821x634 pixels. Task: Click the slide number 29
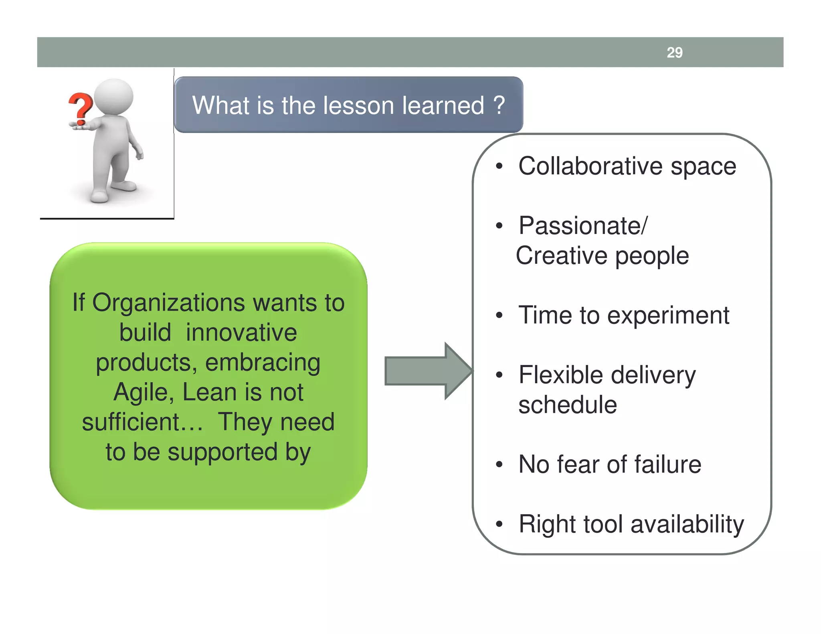(674, 52)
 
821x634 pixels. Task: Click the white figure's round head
(114, 97)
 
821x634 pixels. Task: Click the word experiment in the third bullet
(668, 315)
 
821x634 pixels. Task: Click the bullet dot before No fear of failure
(499, 465)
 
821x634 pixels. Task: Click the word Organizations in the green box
(168, 303)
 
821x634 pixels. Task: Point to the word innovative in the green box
(241, 333)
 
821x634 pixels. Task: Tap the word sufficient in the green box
(136, 422)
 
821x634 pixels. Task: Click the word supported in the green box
(222, 452)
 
